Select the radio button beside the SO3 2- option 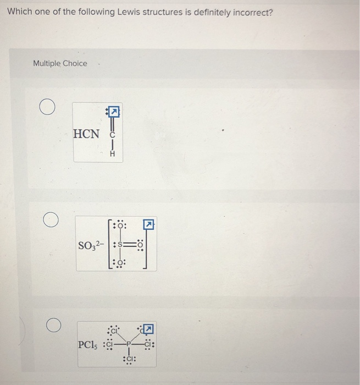click(51, 221)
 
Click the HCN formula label click(87, 134)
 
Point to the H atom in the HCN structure click(113, 155)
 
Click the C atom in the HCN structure click(113, 134)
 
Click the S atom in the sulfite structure click(118, 243)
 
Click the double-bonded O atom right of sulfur click(141, 243)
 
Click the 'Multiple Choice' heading click(60, 63)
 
